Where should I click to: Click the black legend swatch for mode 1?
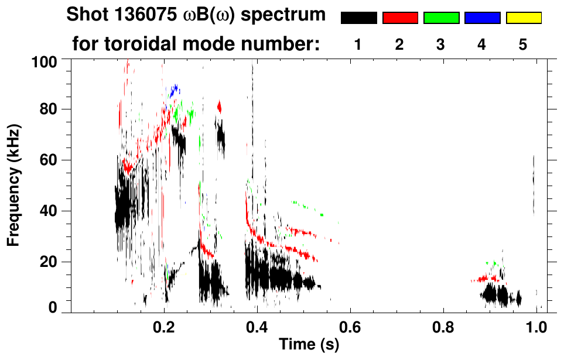[x=358, y=18]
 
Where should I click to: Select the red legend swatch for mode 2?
[x=400, y=18]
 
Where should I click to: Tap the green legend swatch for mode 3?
[x=441, y=18]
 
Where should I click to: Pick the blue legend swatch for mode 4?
[x=482, y=18]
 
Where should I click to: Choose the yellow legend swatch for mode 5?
[x=523, y=18]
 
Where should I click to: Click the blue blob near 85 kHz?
[x=174, y=91]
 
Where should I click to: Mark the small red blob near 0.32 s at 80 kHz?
[x=220, y=107]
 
